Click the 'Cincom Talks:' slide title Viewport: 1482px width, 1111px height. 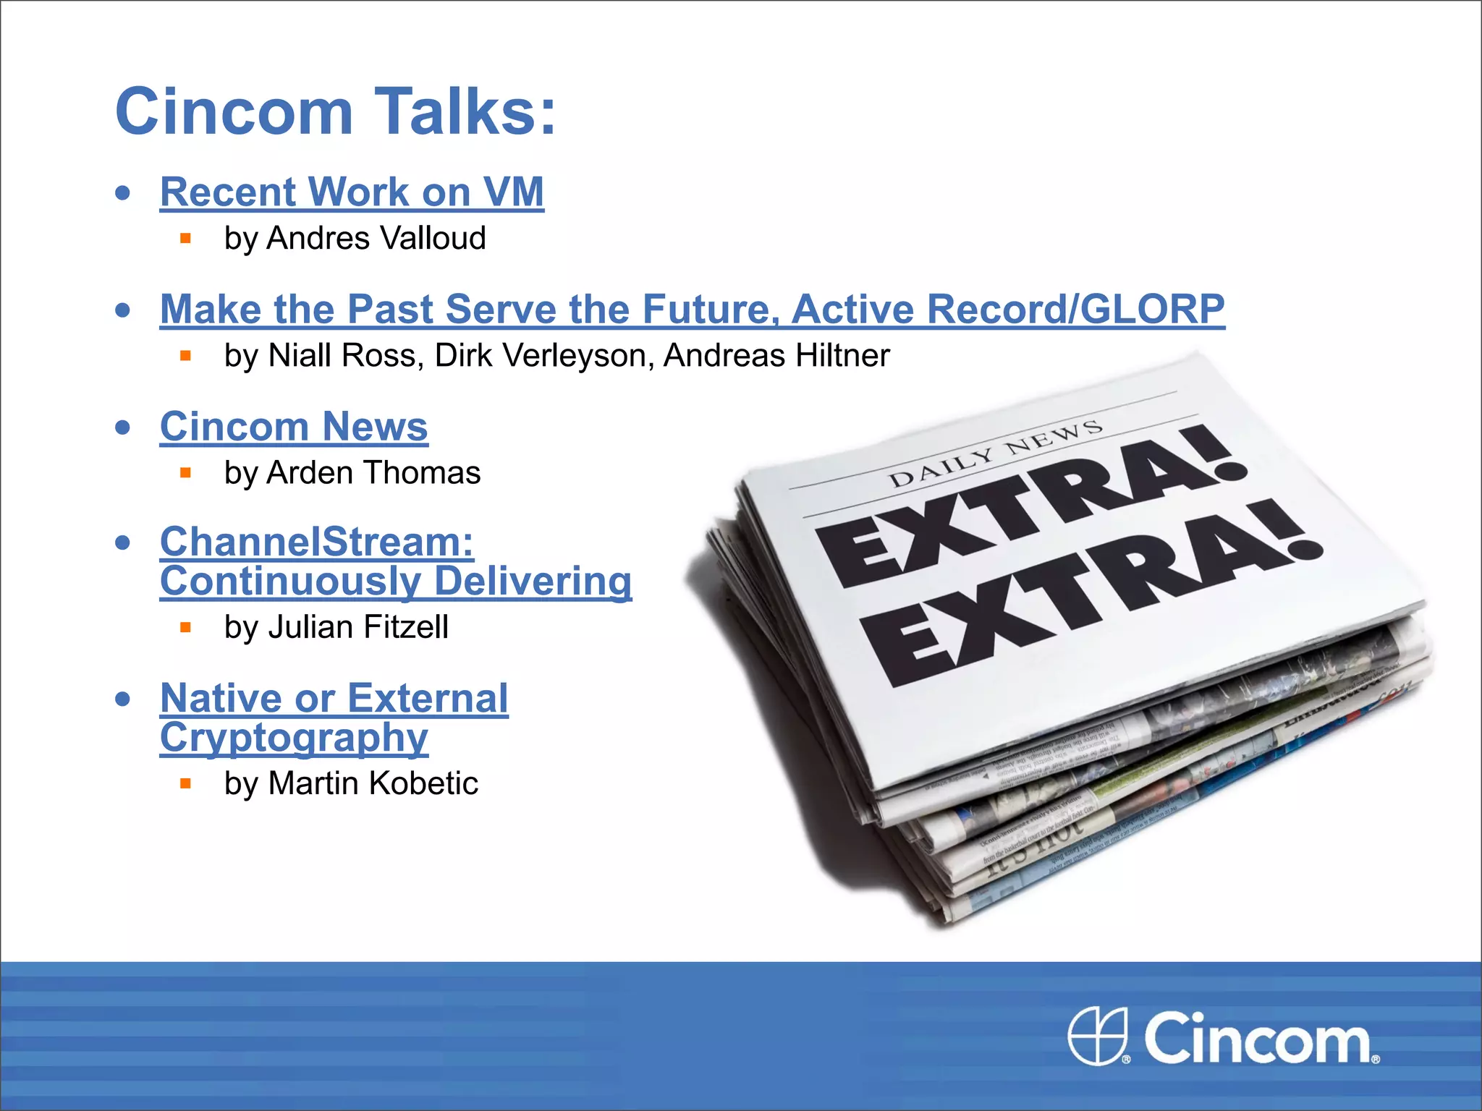(x=336, y=111)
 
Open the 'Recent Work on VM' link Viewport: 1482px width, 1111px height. (x=352, y=192)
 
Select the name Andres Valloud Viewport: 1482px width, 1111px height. (x=376, y=239)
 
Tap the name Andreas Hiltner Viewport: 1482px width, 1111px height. (x=776, y=356)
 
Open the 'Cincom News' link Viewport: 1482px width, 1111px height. (x=294, y=427)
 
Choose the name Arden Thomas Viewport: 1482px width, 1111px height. (x=373, y=473)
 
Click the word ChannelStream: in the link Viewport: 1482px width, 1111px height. (x=317, y=542)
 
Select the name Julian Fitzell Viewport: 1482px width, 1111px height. (x=358, y=627)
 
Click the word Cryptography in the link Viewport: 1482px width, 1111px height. (x=294, y=738)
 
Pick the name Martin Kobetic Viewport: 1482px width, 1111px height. (x=373, y=783)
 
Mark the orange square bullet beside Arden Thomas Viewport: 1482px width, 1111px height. (x=186, y=473)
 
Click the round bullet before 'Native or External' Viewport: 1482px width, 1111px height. (x=124, y=699)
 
